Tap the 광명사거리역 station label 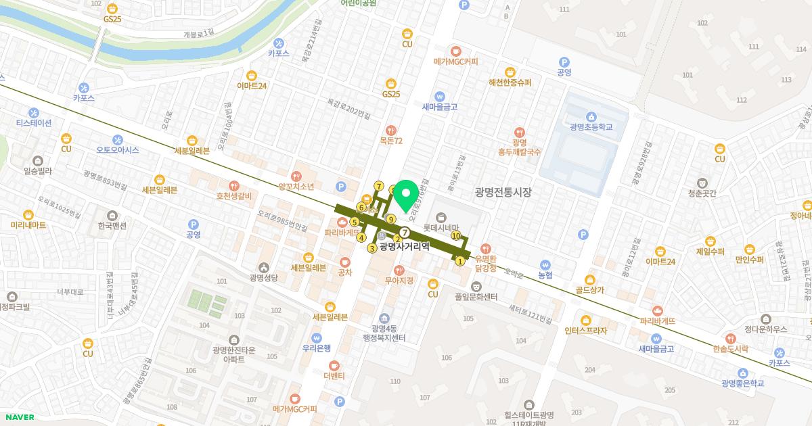405,247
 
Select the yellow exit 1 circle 460,261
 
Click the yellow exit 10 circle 456,236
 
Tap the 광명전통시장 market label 503,193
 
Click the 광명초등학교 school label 591,126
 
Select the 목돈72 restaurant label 391,141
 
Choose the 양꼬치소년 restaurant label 296,186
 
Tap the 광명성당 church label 263,277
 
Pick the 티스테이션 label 34,123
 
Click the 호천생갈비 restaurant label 233,196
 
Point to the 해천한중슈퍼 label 510,82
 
